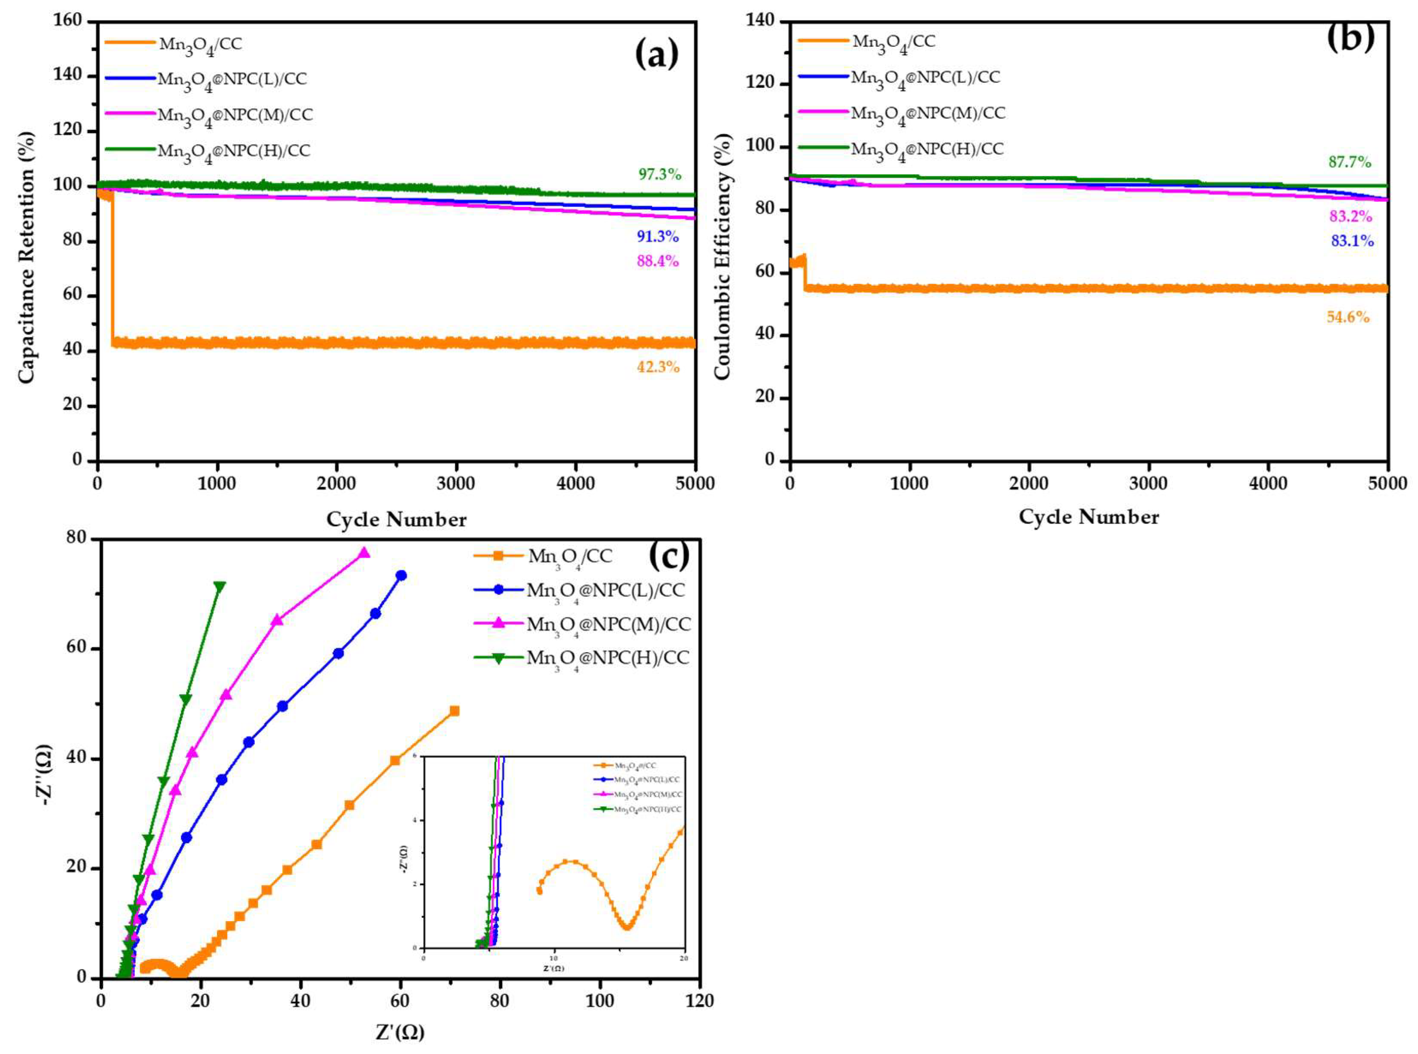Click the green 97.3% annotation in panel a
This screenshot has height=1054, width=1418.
[659, 174]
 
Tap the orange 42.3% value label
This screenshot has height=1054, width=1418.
[657, 367]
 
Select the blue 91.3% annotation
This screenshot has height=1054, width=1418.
[657, 237]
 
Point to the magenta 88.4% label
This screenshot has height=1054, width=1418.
[657, 261]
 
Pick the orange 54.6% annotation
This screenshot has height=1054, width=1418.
[1347, 317]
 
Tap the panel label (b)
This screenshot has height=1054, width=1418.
[1350, 37]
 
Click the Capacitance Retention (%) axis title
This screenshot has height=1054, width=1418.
[26, 258]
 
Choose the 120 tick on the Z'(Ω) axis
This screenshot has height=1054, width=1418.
[699, 1001]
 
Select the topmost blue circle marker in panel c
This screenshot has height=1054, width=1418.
[401, 575]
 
